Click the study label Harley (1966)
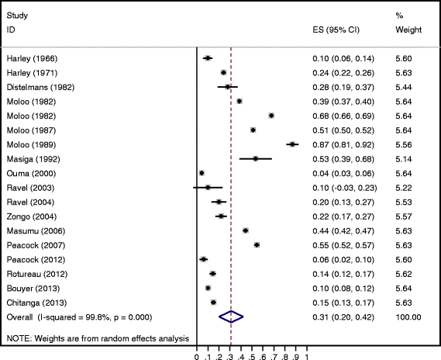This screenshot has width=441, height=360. [x=32, y=58]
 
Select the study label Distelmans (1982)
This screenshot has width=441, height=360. [x=40, y=86]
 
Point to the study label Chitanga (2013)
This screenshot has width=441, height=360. [x=34, y=302]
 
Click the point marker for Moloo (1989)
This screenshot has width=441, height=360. [x=292, y=144]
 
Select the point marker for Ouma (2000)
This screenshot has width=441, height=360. [x=202, y=172]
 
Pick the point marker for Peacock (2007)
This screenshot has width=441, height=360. [x=257, y=244]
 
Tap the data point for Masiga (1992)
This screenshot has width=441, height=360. [x=255, y=158]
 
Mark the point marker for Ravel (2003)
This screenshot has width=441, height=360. [x=208, y=187]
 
